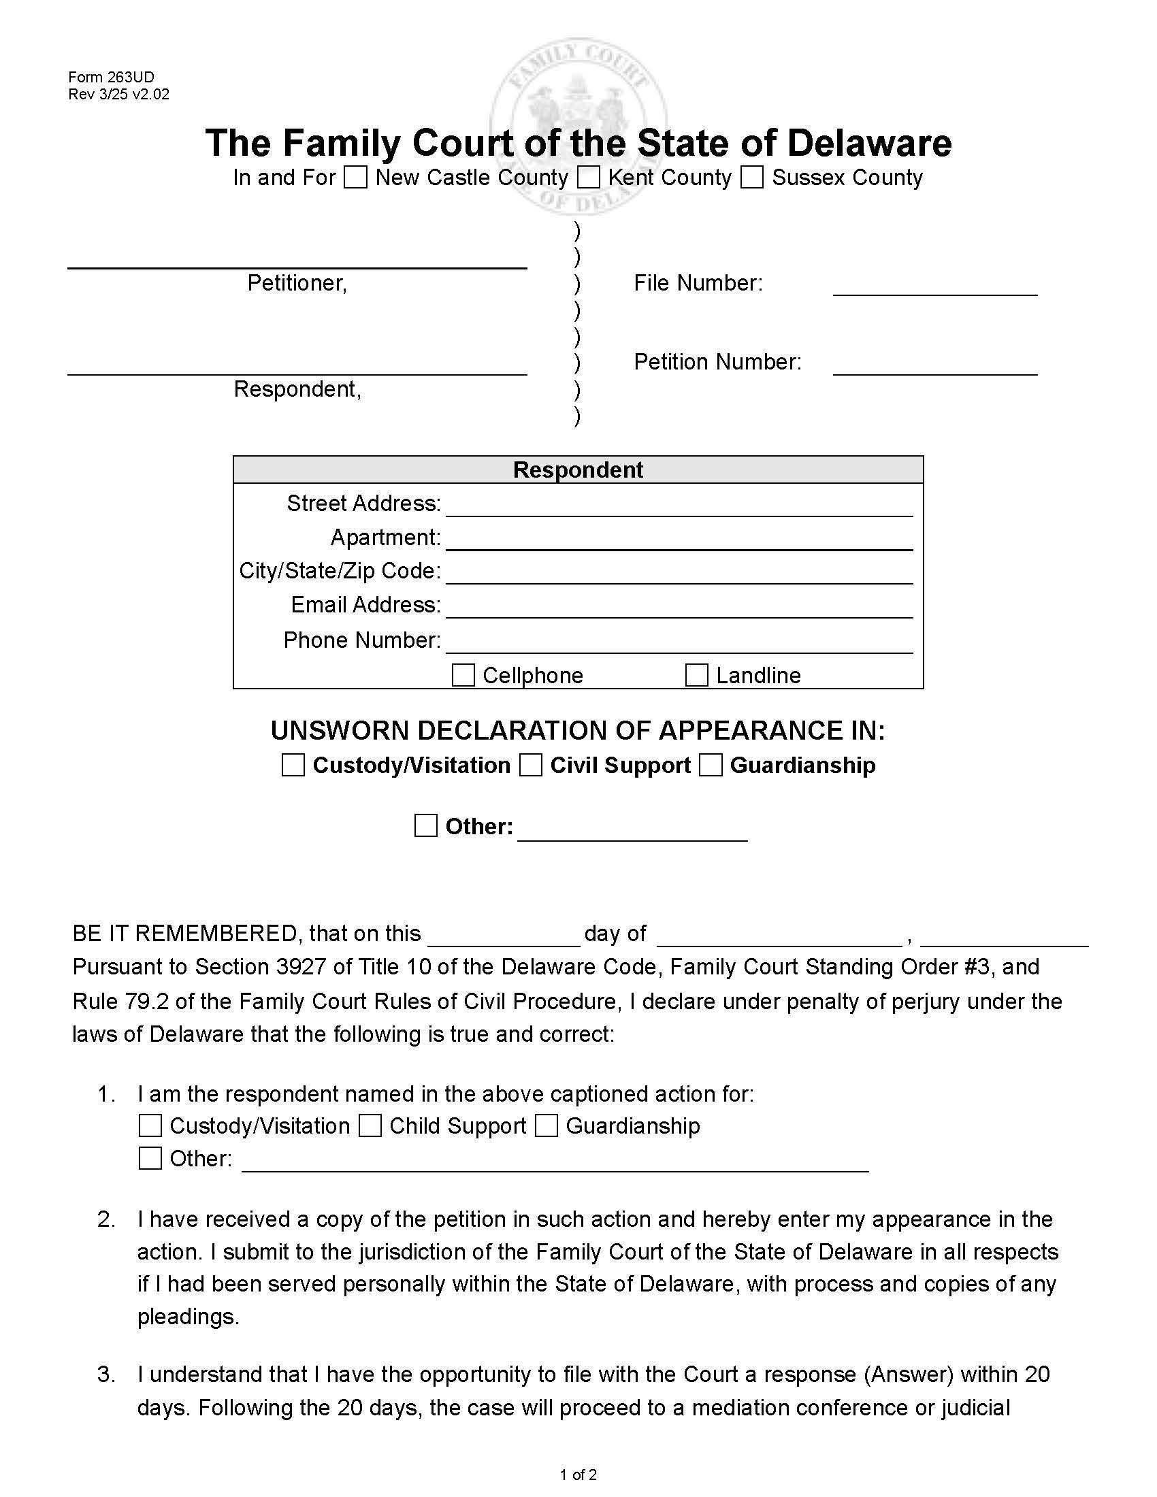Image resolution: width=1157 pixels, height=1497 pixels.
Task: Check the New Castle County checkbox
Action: coord(355,177)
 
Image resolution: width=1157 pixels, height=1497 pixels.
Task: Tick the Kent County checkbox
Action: coord(588,177)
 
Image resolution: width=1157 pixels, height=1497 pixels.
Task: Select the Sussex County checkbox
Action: coord(752,177)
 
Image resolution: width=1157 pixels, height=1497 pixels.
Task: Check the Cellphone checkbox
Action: coord(463,675)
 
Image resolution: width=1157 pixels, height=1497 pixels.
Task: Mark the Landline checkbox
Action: coord(696,675)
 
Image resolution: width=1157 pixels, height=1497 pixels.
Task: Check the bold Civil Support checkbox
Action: coord(531,765)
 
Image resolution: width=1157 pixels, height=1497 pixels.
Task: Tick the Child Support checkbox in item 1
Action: coord(370,1125)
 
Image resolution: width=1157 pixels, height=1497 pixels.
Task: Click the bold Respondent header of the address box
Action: coord(578,470)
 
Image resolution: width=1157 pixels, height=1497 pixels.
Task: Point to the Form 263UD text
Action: coord(111,77)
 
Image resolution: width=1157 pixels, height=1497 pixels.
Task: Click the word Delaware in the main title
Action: coord(868,143)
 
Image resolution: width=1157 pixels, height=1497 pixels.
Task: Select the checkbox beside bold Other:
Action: coord(425,825)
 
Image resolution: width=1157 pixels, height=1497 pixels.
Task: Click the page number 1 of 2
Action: coord(578,1475)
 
